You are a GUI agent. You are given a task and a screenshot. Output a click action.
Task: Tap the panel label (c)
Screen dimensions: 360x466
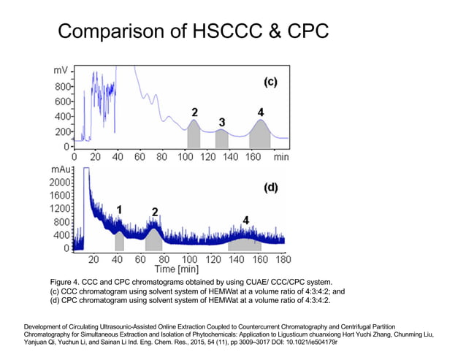click(x=270, y=82)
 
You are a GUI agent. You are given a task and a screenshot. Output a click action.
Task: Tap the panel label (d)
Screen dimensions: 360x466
click(x=270, y=187)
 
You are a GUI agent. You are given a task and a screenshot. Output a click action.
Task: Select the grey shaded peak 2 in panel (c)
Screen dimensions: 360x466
click(x=194, y=137)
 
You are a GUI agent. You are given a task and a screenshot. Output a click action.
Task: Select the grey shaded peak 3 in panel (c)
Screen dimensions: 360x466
click(x=222, y=139)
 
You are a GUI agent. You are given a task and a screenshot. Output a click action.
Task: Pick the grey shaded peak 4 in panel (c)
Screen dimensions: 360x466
click(x=260, y=137)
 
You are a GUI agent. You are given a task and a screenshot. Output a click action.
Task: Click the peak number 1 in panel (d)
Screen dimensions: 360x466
click(x=119, y=210)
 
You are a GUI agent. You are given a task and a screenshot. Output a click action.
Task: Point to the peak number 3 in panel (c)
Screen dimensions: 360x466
click(x=221, y=121)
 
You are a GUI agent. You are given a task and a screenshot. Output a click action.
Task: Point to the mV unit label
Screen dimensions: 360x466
click(x=61, y=71)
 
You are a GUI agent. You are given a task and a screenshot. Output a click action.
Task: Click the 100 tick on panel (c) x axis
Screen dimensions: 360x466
click(x=186, y=156)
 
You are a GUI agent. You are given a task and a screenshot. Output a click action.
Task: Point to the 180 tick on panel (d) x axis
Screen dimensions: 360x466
click(x=283, y=259)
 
